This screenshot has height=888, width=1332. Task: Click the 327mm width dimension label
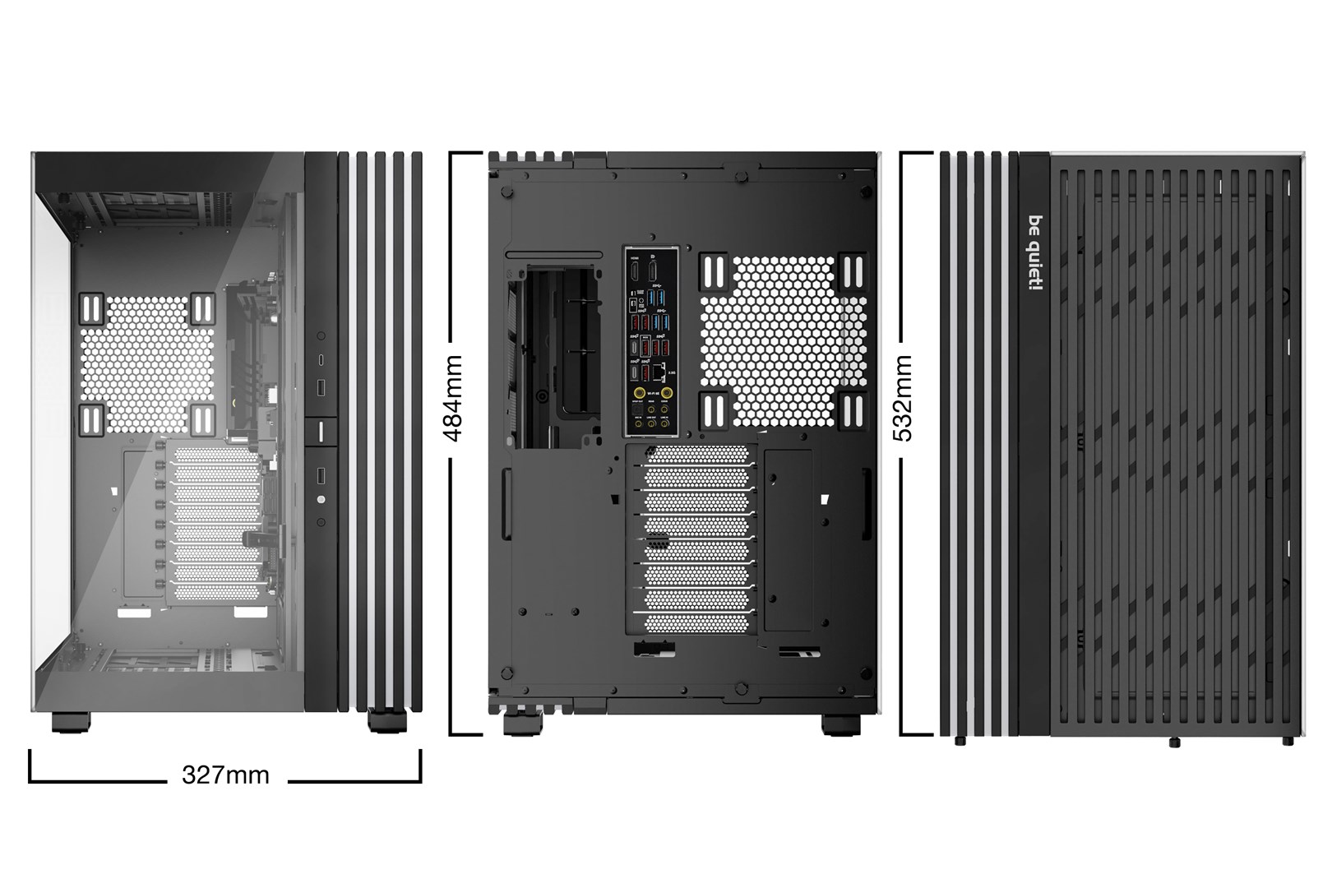tap(225, 775)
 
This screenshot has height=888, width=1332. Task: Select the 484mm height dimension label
tap(454, 398)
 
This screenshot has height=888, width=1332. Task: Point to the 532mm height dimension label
tap(903, 398)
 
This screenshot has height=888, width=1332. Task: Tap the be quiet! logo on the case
tap(1035, 252)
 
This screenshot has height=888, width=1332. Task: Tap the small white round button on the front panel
tap(321, 499)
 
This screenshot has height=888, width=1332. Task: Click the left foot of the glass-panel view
tap(71, 722)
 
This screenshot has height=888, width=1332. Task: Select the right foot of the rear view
tap(843, 724)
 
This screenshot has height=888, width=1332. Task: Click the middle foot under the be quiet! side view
tap(1173, 742)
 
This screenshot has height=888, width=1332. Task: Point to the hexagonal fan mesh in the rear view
tap(775, 341)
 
